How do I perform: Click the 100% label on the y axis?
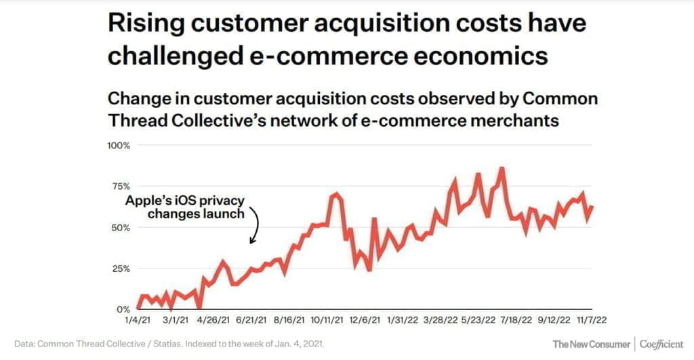pyautogui.click(x=119, y=146)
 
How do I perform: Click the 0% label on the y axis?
pyautogui.click(x=125, y=308)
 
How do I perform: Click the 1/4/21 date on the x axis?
pyautogui.click(x=136, y=319)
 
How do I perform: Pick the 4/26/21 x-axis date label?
pyautogui.click(x=213, y=319)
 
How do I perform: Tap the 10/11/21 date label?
pyautogui.click(x=327, y=319)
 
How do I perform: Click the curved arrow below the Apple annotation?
pyautogui.click(x=255, y=226)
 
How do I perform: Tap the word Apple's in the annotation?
pyautogui.click(x=146, y=201)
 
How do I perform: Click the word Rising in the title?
pyautogui.click(x=145, y=24)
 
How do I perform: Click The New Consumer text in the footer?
pyautogui.click(x=591, y=344)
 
